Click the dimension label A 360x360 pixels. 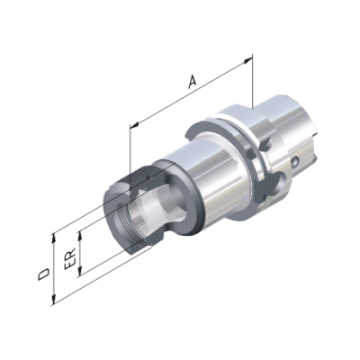[193, 82]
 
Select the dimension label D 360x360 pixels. [44, 274]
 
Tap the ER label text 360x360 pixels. [70, 260]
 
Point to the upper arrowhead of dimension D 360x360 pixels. [54, 238]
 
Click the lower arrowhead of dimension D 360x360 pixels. [54, 300]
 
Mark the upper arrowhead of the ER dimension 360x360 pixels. [80, 236]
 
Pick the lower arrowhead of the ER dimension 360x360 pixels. [80, 271]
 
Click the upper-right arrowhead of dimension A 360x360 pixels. [247, 60]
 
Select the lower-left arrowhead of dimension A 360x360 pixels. [135, 124]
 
